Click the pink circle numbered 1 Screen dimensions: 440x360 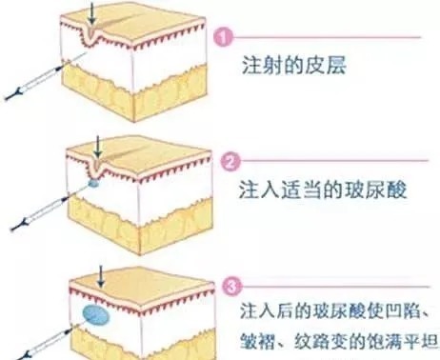pos(224,38)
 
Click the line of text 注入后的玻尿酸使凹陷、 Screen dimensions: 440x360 pos(335,310)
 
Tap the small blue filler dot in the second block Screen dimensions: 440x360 pos(94,182)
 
